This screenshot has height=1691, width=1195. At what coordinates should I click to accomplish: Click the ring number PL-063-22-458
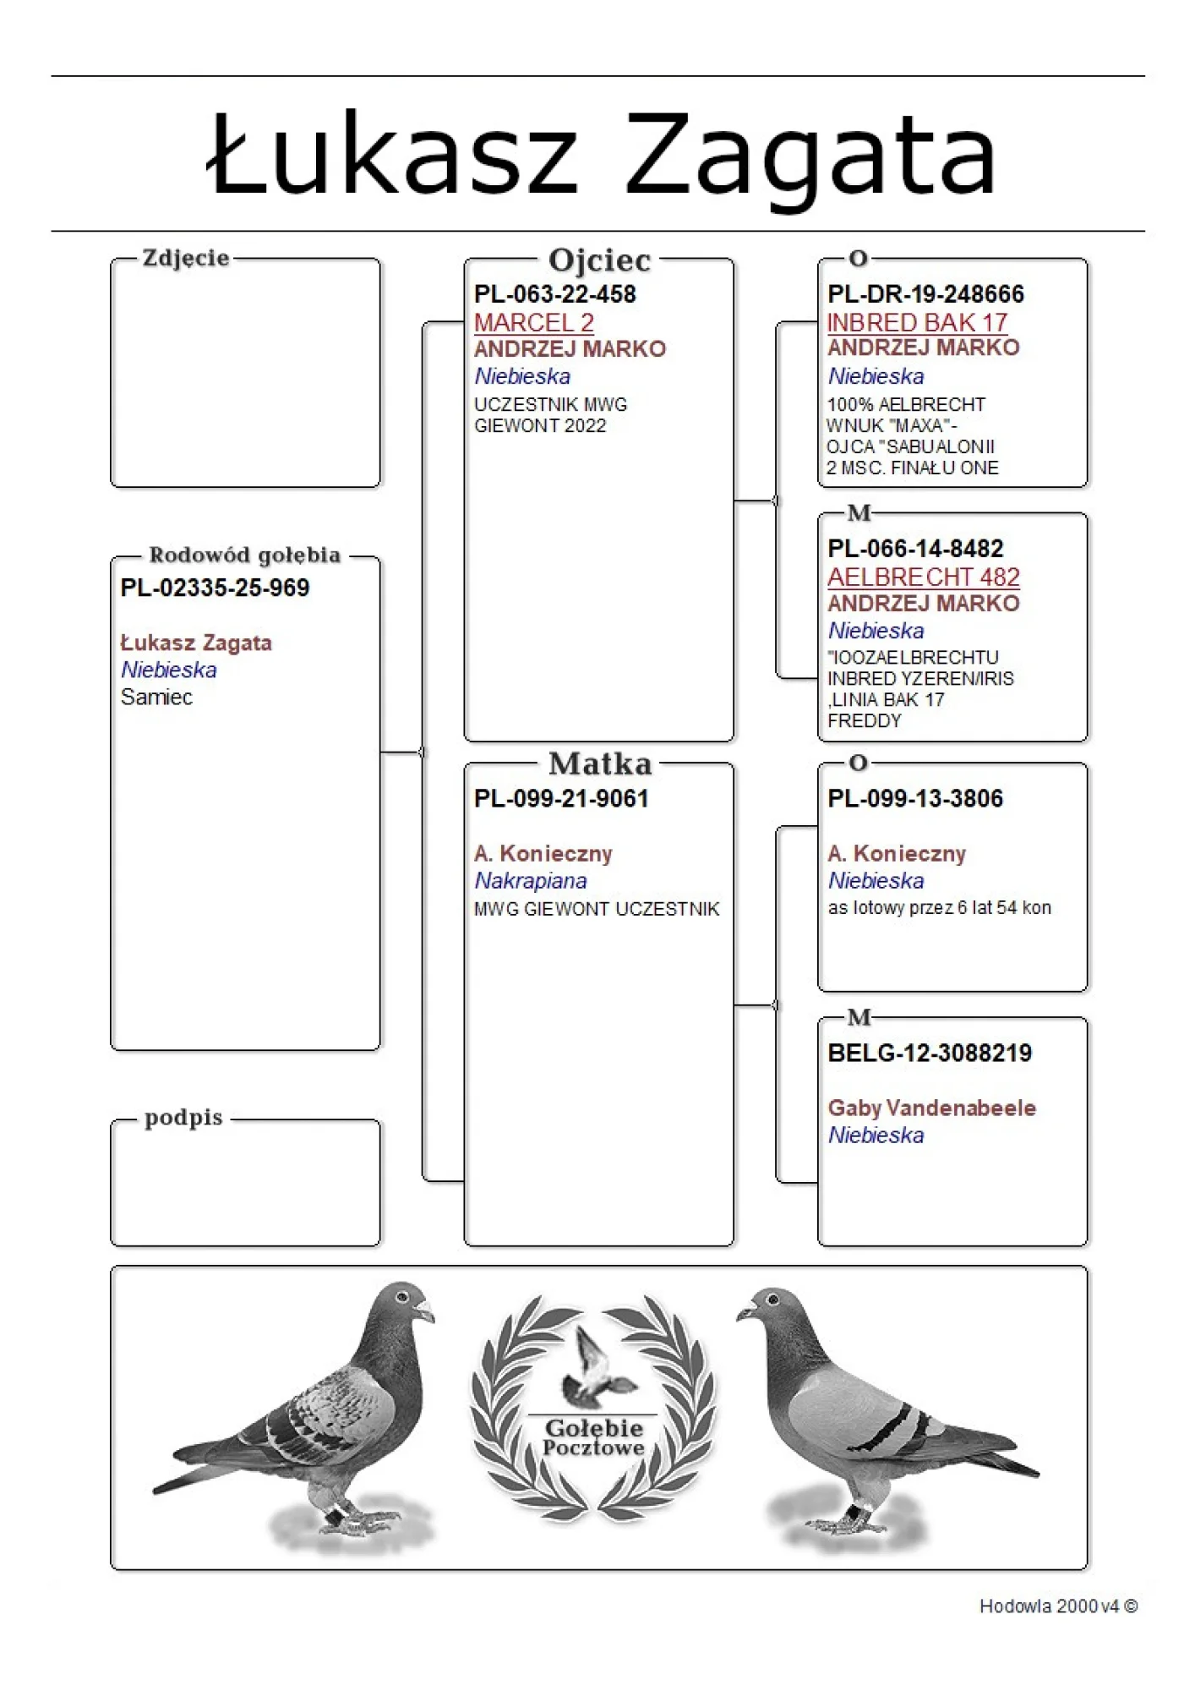point(554,294)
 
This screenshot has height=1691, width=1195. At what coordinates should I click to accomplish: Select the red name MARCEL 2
point(533,322)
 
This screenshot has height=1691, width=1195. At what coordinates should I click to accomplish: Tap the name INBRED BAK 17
point(917,322)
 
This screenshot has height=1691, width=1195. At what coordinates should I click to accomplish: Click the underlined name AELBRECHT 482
point(923,577)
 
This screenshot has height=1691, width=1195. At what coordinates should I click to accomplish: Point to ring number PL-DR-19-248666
point(925,294)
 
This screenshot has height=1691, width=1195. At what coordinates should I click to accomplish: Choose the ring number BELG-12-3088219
point(930,1053)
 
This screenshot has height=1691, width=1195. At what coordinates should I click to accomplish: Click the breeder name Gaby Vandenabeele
point(931,1108)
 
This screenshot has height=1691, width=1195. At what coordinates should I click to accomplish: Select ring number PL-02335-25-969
point(215,588)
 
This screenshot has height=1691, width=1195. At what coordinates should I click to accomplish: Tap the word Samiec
point(156,697)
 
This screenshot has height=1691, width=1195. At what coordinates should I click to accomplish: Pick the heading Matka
point(600,764)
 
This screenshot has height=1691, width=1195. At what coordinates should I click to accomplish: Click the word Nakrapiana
point(530,880)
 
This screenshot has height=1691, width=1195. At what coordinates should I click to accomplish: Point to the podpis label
point(183,1118)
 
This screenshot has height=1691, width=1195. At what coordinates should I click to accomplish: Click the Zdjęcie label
point(186,258)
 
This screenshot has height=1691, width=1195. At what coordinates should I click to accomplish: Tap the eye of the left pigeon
point(402,1297)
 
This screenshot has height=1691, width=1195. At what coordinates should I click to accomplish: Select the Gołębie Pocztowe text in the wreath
point(593,1437)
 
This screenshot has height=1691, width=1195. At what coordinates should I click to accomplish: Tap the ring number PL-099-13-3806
point(915,798)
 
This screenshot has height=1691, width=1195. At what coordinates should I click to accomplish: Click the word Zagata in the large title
point(810,156)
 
